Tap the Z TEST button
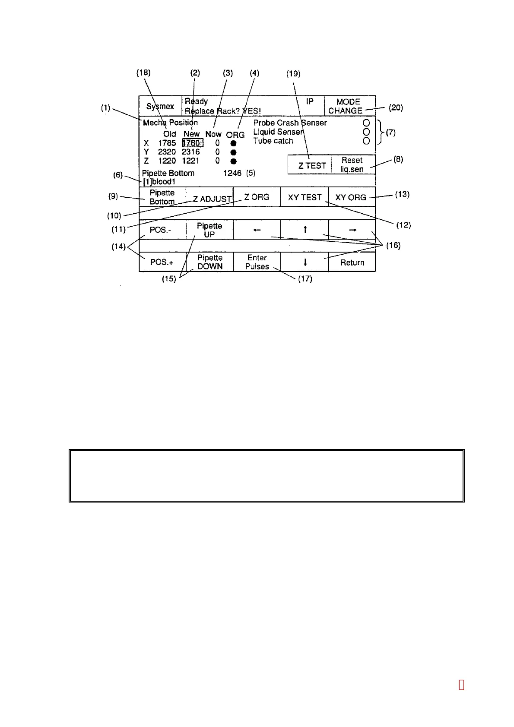coord(310,165)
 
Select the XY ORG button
coord(352,197)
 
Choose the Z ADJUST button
coord(209,197)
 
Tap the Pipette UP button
coord(209,230)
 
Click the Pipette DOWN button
coord(209,262)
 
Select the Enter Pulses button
coord(257,262)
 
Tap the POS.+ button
coord(162,262)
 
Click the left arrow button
coord(257,230)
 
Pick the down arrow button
coord(305,262)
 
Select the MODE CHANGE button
coord(349,106)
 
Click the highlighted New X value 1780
coord(192,143)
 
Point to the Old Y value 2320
coord(167,152)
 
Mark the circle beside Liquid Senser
coord(366,132)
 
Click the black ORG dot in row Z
coord(233,161)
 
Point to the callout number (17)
coord(305,279)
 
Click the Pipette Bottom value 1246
coord(232,173)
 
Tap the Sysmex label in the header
coord(160,106)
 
